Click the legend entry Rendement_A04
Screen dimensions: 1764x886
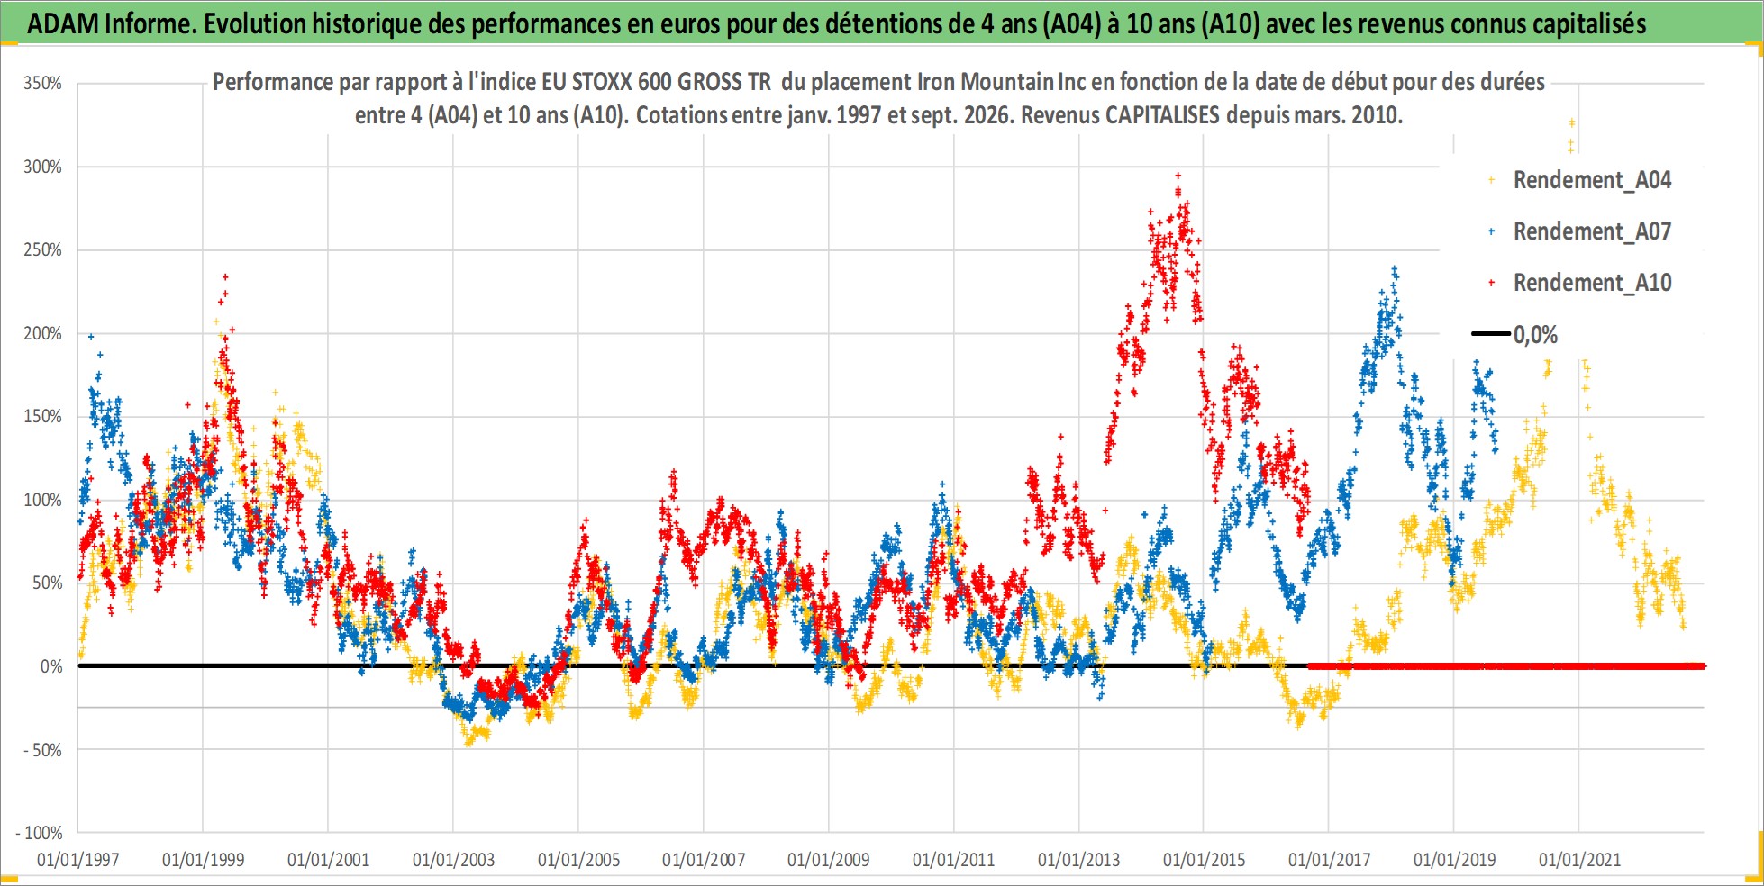tap(1592, 180)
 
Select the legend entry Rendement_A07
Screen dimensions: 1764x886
tap(1592, 231)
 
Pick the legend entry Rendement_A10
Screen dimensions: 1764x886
tap(1592, 283)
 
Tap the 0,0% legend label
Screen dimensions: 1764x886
tap(1535, 335)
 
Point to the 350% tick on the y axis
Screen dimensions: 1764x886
tap(43, 84)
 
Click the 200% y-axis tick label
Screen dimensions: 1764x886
tap(43, 333)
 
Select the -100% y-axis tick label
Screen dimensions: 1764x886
tap(40, 833)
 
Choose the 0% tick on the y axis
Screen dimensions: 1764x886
tap(51, 666)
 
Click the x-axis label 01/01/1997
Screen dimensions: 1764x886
tap(77, 860)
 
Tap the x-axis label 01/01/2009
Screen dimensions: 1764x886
tap(828, 860)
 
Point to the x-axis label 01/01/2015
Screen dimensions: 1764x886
tap(1204, 860)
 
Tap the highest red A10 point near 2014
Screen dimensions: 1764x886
tap(1178, 176)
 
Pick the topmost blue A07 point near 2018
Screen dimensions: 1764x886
tap(1395, 268)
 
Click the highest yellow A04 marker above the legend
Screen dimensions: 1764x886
tap(1571, 122)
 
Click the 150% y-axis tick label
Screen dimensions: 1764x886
tap(43, 416)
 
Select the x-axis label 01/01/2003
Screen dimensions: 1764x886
tap(453, 860)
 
